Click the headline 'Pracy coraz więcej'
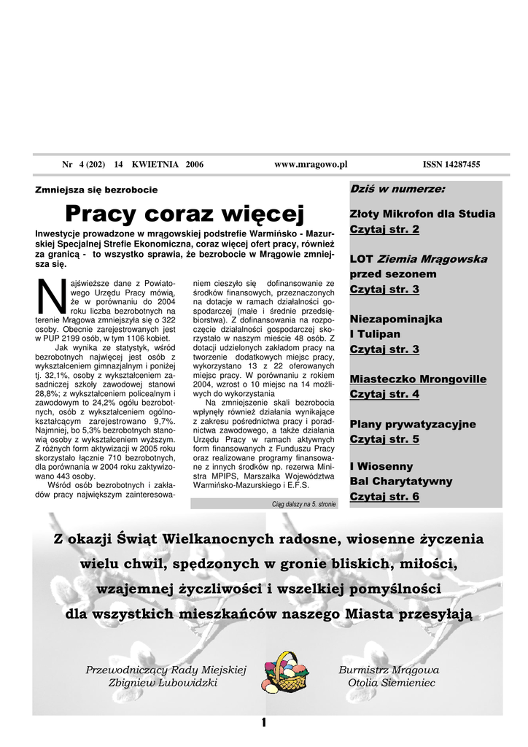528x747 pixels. coord(184,214)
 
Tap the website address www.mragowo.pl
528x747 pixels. coord(311,165)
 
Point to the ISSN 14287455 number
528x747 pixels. coord(451,165)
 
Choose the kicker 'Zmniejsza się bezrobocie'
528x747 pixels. coord(96,190)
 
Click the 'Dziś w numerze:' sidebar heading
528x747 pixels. coord(397,189)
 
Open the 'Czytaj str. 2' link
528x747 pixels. coord(384,229)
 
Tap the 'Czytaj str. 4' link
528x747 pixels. coord(384,394)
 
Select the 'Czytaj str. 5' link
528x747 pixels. coord(384,439)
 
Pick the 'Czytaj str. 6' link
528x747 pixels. coord(384,497)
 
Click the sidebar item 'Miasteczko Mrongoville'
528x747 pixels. coord(418,379)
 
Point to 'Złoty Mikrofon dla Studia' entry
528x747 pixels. coord(422,214)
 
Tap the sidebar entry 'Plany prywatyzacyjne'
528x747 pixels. coord(413,424)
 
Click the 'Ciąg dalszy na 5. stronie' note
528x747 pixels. coord(303,504)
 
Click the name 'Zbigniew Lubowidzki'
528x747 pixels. coord(163,683)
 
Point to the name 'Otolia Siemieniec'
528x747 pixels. coord(392,683)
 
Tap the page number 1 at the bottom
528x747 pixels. coord(263,723)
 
